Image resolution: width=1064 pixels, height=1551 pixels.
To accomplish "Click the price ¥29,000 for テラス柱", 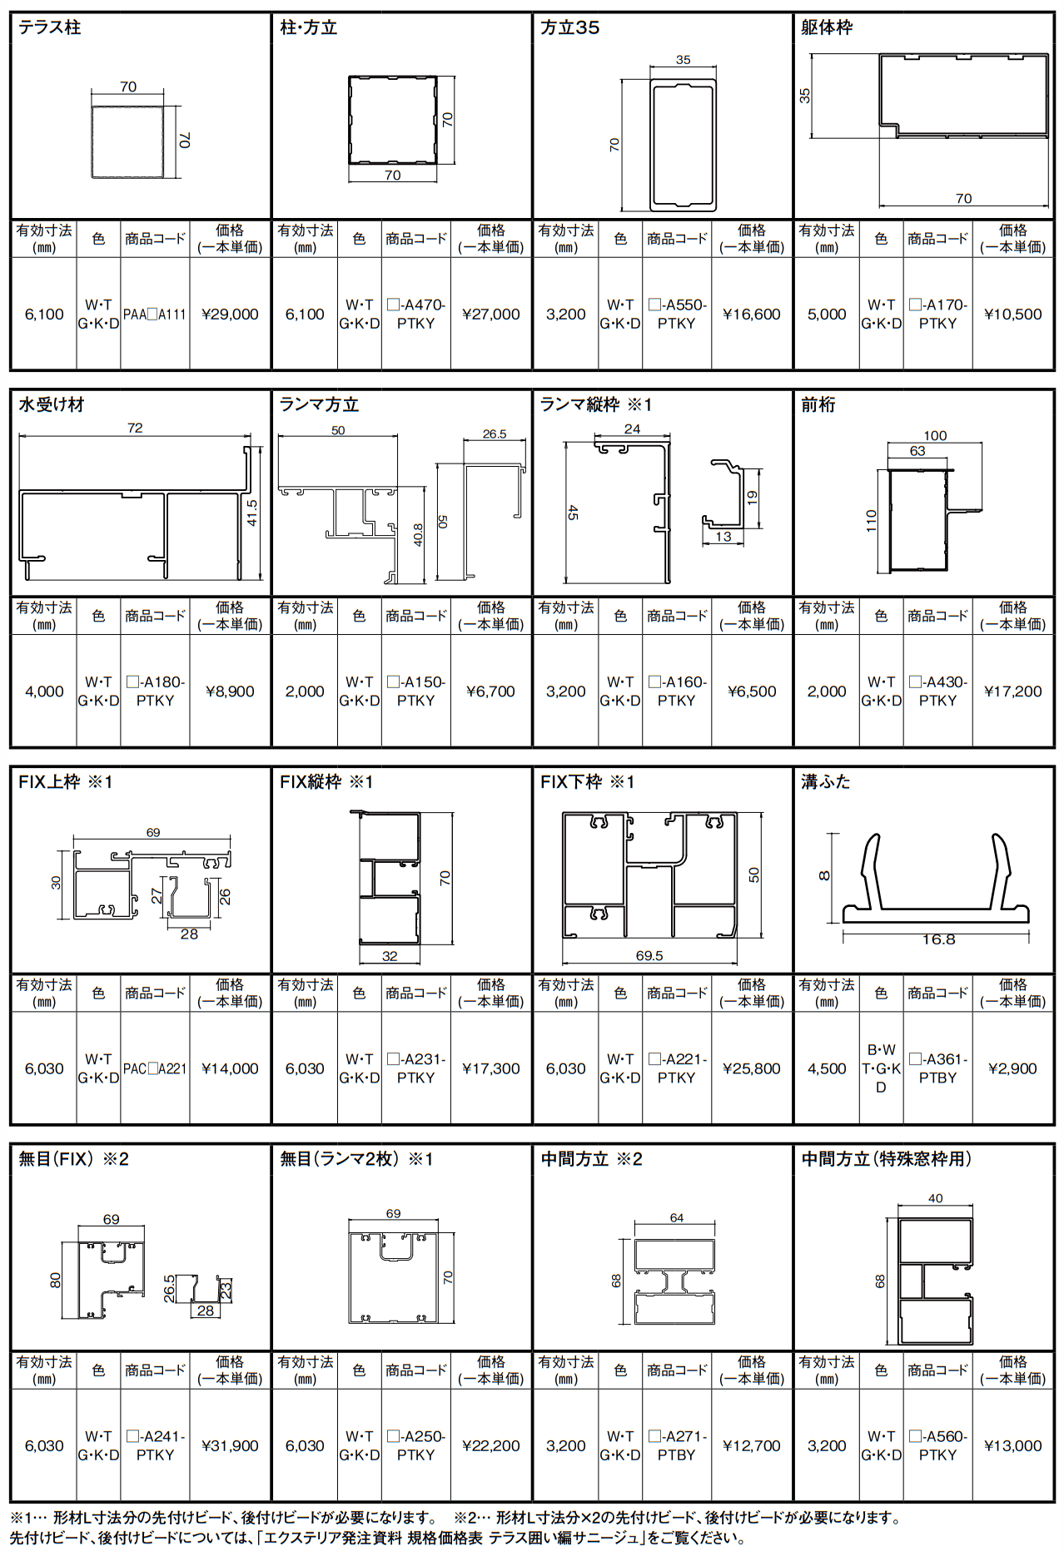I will [x=230, y=315].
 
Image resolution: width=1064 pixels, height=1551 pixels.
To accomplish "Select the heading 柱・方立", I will [x=309, y=28].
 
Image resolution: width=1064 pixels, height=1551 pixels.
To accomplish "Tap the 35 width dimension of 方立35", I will [x=683, y=60].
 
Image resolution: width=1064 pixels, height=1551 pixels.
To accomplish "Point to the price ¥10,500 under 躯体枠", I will [x=1012, y=315].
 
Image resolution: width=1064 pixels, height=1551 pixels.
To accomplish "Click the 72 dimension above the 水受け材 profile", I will [x=135, y=428].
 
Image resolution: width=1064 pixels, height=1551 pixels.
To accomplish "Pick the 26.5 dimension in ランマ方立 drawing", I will [x=495, y=434].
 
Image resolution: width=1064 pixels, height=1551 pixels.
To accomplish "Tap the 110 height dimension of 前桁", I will [x=871, y=521].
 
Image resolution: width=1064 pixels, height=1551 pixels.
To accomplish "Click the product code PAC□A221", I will [x=155, y=1068].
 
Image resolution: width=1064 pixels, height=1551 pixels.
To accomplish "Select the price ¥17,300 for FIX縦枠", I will [x=490, y=1068].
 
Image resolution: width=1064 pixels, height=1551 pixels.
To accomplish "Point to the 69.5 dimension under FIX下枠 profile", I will [x=649, y=956].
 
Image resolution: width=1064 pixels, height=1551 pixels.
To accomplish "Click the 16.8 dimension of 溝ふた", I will [x=938, y=939].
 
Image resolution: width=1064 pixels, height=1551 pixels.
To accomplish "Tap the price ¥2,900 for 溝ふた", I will [x=1012, y=1068].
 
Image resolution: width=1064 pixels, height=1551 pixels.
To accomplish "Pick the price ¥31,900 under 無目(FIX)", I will [x=230, y=1446].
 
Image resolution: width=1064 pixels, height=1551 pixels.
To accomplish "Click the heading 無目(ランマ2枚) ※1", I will [x=356, y=1159].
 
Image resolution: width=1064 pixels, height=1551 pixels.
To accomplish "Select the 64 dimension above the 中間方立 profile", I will [x=677, y=1217].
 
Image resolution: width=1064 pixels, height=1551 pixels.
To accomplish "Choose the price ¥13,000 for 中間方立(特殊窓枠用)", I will [x=1012, y=1446].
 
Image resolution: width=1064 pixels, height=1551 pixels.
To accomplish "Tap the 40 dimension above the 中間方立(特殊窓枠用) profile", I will [x=936, y=1198].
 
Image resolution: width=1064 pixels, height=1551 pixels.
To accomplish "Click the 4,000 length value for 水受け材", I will [x=44, y=691].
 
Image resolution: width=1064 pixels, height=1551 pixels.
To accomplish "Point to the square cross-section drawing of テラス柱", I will [x=127, y=141].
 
